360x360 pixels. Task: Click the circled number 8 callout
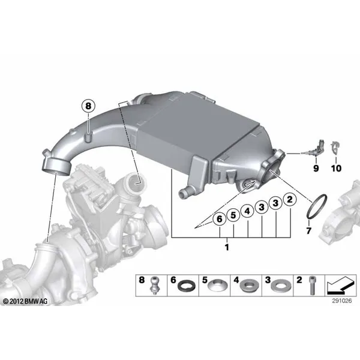point(88,106)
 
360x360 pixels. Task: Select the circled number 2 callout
point(290,200)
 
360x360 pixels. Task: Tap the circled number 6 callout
point(220,219)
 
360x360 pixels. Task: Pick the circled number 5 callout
point(233,215)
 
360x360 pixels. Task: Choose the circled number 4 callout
point(247,211)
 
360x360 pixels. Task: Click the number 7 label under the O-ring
point(309,230)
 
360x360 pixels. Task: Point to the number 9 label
point(316,168)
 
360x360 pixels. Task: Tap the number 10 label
point(336,168)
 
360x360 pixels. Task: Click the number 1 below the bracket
point(227,247)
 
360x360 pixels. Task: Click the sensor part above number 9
point(317,148)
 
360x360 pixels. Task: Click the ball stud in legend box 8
point(154,286)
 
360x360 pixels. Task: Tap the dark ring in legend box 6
point(187,286)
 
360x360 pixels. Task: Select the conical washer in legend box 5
point(218,286)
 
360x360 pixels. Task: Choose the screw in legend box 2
point(312,286)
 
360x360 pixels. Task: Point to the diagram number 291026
point(341,301)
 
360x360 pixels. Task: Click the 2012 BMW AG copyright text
point(25,301)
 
